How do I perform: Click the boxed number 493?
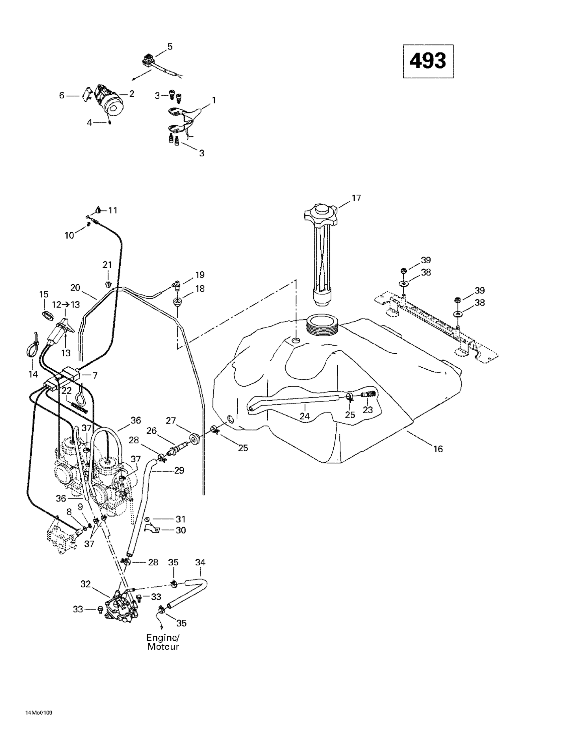[x=428, y=61]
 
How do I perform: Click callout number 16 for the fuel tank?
[x=438, y=449]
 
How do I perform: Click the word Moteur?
[x=163, y=647]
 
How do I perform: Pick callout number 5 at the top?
[x=170, y=47]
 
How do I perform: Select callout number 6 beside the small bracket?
[x=62, y=96]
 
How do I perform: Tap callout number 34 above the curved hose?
[x=200, y=563]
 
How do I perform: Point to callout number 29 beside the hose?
[x=179, y=470]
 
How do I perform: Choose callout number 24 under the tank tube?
[x=304, y=416]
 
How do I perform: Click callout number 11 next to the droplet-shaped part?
[x=112, y=210]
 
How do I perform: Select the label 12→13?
[x=66, y=304]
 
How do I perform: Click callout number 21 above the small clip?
[x=107, y=265]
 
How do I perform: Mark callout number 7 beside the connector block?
[x=95, y=375]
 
